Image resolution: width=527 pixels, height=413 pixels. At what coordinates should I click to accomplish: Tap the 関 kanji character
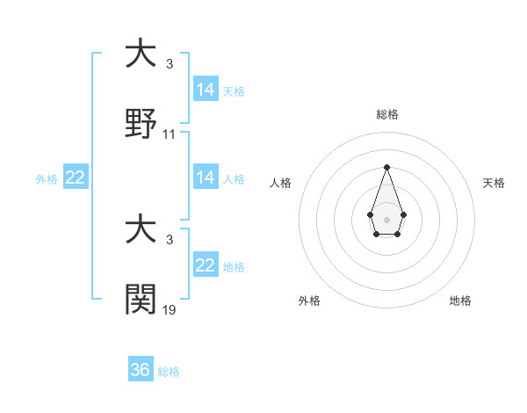[x=141, y=300]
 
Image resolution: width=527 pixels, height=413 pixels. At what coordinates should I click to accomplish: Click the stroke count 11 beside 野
[x=170, y=134]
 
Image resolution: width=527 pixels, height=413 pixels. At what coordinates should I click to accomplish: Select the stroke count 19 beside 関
[x=170, y=310]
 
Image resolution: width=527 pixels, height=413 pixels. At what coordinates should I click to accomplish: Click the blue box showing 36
[x=141, y=370]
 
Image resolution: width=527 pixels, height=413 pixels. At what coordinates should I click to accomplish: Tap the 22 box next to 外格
[x=76, y=178]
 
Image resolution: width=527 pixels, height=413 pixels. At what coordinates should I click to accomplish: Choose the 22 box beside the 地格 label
[x=205, y=265]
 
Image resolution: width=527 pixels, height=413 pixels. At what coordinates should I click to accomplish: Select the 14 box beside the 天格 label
[x=205, y=90]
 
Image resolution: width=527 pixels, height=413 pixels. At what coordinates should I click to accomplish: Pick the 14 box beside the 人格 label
[x=205, y=178]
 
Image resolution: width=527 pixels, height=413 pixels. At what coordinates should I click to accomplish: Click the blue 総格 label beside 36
[x=169, y=372]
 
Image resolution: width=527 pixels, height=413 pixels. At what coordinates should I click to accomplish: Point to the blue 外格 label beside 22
[x=47, y=178]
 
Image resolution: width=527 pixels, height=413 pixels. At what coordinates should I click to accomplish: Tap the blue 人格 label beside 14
[x=234, y=178]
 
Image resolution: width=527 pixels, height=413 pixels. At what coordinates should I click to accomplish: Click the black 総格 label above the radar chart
[x=386, y=114]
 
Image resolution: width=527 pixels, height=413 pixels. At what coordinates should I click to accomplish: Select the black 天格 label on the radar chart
[x=494, y=183]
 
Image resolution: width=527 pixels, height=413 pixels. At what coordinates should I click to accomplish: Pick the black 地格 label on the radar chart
[x=460, y=301]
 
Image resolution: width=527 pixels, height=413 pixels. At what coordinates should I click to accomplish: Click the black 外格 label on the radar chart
[x=309, y=301]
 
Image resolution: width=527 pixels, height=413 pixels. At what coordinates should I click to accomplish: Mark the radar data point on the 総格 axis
[x=386, y=167]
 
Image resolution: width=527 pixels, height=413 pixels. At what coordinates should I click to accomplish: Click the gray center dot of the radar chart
[x=386, y=218]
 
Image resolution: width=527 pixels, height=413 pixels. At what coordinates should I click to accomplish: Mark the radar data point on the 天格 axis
[x=403, y=214]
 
